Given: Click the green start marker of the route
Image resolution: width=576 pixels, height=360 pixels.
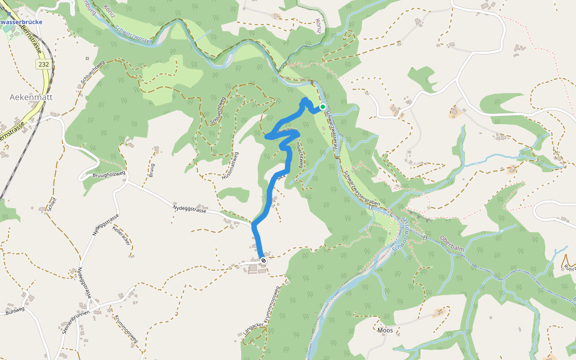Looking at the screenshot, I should coord(323,107).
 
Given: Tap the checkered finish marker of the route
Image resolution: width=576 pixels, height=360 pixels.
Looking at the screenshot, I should coord(263,260).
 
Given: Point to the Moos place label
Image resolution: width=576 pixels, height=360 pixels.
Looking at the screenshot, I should coord(385,330).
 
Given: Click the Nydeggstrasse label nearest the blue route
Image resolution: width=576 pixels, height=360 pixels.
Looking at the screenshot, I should coord(190,209).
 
